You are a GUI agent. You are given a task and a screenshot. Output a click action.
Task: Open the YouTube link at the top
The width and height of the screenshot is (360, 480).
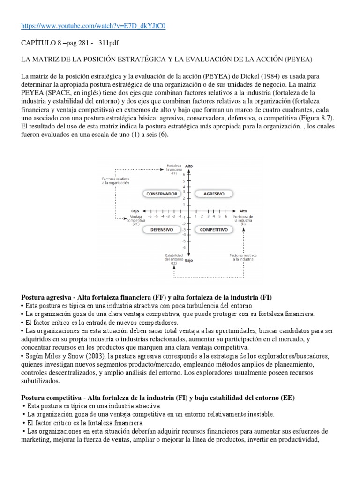[x=94, y=26]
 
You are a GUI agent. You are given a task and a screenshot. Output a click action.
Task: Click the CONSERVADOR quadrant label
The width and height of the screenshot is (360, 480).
[x=161, y=193]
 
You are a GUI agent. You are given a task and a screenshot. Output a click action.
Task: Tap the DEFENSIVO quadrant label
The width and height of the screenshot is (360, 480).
[x=162, y=230]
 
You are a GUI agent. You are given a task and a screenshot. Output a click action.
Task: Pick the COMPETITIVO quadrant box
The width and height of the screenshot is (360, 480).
[x=214, y=230]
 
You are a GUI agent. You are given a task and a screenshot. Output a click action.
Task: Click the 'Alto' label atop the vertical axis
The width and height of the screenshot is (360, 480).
[x=189, y=166]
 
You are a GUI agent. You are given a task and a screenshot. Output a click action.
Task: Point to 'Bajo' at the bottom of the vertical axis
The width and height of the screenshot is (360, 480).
[x=189, y=259]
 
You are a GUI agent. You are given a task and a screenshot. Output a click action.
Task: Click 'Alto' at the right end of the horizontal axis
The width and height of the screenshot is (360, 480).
[x=243, y=211]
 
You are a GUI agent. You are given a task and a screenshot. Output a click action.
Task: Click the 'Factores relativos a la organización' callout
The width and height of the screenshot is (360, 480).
[x=115, y=181]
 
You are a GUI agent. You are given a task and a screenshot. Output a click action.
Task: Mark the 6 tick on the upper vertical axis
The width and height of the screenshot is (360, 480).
[x=183, y=174]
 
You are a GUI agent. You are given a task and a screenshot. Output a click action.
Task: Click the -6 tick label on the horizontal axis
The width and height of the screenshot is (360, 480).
[x=150, y=216]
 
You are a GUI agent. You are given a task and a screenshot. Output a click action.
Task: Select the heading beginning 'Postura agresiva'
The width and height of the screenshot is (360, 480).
[x=147, y=298]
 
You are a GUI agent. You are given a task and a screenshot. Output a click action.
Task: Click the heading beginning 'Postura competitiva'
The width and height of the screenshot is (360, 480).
[x=158, y=398]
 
